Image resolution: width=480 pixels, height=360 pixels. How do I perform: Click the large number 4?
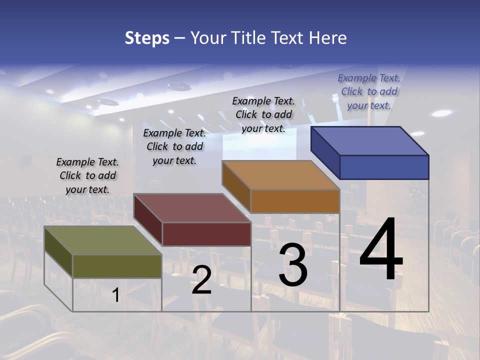point(381,250)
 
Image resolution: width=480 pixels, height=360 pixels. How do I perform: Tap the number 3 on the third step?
point(293,265)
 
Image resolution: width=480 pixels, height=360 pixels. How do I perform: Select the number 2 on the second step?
point(201,280)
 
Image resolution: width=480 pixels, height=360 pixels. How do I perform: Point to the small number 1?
point(116,295)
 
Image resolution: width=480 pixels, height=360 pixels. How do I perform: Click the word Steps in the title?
point(147,38)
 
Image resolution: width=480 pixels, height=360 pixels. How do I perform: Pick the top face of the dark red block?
point(192,207)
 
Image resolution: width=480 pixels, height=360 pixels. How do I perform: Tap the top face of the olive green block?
point(103,240)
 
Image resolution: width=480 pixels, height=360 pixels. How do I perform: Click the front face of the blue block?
point(384,167)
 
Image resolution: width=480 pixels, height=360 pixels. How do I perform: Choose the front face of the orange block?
point(295,201)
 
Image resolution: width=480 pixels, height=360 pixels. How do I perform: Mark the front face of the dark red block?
point(206,234)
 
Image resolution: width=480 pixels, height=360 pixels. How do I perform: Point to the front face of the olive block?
point(117,266)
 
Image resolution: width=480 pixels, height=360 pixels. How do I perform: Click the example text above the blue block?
point(369,91)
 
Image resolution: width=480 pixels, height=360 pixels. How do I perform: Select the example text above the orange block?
point(263,114)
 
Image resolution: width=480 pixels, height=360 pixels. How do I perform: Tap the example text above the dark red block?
point(174,146)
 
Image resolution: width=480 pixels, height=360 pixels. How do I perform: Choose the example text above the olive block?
point(87,175)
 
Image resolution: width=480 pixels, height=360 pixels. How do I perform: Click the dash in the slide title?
point(179,38)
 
